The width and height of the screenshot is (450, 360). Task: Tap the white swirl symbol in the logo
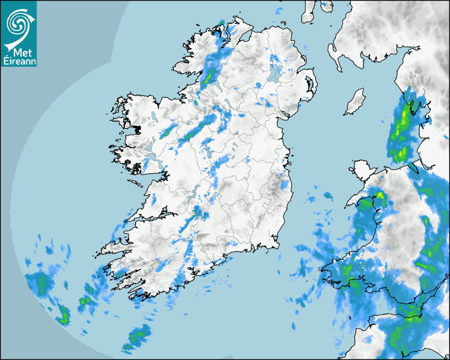(19, 23)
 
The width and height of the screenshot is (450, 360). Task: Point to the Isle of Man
(355, 102)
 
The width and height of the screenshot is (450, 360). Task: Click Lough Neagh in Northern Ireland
(275, 73)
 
